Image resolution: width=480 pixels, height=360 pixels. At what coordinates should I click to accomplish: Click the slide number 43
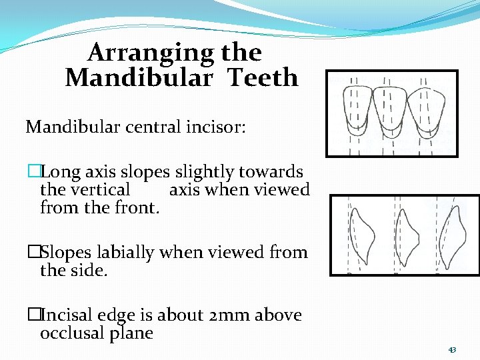452,350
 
